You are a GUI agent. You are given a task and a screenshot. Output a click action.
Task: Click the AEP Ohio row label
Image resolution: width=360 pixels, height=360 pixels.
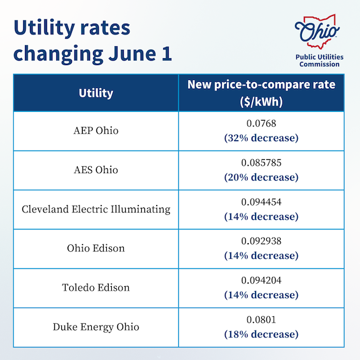(96, 131)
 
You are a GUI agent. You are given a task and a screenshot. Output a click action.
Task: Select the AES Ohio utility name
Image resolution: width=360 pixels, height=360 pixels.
(96, 170)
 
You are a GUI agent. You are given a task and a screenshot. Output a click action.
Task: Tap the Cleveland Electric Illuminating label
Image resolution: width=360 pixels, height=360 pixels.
(96, 209)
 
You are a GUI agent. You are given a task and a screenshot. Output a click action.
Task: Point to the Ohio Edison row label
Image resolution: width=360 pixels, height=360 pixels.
(96, 248)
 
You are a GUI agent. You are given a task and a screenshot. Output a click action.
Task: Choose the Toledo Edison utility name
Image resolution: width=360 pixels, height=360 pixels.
(96, 287)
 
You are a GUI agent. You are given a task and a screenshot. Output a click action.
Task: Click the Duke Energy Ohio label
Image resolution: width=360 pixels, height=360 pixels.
(96, 327)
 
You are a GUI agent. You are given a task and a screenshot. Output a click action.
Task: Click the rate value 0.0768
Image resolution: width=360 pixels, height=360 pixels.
(261, 124)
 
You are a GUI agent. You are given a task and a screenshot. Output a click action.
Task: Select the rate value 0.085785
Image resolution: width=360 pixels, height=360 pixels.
(261, 162)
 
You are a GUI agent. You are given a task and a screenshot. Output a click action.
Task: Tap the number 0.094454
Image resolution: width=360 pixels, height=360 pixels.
(261, 202)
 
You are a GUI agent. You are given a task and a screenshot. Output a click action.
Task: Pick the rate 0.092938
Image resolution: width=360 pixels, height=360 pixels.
(261, 241)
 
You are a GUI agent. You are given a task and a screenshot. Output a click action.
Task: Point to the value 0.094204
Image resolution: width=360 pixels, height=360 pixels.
(261, 281)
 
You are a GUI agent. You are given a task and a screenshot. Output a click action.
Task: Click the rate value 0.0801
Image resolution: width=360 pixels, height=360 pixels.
(261, 319)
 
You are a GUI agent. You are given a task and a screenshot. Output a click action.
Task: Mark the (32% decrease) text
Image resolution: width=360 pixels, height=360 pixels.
(261, 138)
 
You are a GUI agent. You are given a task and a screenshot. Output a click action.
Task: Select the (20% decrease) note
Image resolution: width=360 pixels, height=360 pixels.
(261, 177)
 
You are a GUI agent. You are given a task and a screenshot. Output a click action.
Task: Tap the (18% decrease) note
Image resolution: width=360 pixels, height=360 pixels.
(261, 334)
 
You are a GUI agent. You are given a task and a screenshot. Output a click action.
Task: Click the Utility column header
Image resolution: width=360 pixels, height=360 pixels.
(96, 93)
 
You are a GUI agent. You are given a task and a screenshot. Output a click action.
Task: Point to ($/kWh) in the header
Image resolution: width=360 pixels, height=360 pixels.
(261, 101)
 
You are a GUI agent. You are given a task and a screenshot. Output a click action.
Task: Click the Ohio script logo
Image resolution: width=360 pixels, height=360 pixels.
(317, 31)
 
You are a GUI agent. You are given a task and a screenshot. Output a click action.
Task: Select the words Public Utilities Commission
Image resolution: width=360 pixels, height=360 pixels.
(319, 61)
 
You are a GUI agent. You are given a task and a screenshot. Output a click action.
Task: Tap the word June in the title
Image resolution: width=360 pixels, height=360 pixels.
(132, 53)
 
